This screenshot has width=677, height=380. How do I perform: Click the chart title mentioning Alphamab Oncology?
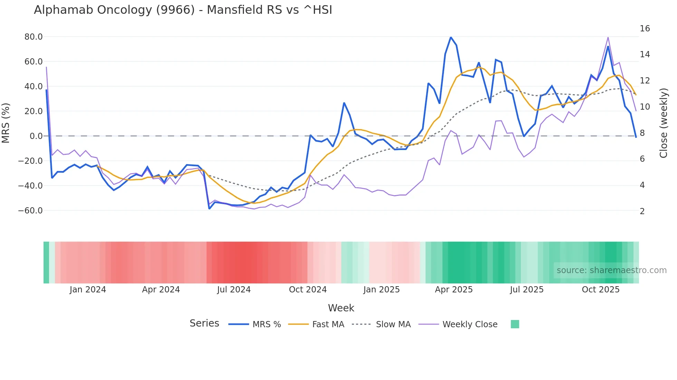coord(183,10)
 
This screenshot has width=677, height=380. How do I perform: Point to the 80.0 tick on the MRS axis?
coord(34,37)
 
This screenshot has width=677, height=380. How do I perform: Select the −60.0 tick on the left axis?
coord(30,211)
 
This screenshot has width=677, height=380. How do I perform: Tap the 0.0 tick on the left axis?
coord(36,136)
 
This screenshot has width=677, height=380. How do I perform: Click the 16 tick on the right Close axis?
coord(645,29)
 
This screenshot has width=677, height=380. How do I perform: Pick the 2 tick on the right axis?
coord(642,211)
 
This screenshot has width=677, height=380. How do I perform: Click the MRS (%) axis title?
coord(6,123)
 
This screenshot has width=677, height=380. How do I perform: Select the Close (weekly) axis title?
coord(663,123)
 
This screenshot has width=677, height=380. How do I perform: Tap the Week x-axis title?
coord(341,308)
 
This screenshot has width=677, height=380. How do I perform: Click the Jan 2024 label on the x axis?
coord(88,290)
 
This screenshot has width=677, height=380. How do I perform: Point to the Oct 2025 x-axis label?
coord(601,290)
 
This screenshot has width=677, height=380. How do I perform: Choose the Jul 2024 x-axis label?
coord(234,290)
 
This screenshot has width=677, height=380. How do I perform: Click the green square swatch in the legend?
coord(515,324)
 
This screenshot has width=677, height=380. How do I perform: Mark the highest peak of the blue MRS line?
coord(451,37)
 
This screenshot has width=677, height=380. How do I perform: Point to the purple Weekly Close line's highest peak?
coord(608,37)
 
